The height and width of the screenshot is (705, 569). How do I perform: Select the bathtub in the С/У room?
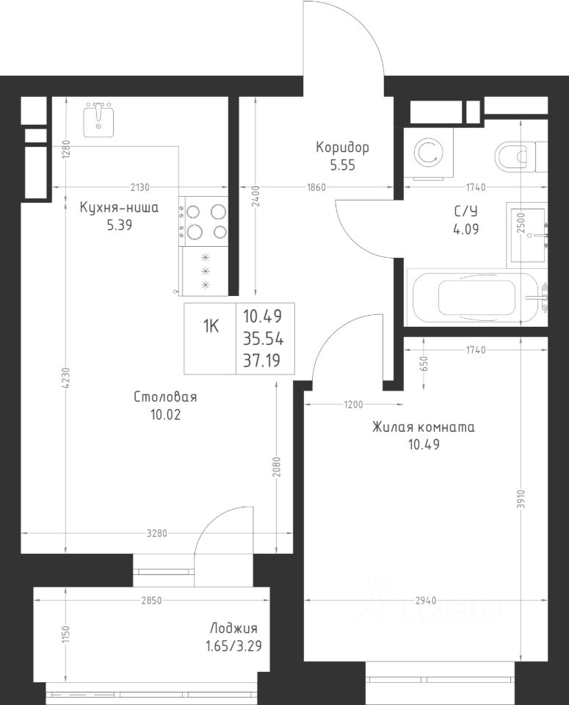coord(477,297)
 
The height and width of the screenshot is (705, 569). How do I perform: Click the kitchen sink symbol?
coord(99,120)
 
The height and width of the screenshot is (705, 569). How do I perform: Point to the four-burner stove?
coord(204,221)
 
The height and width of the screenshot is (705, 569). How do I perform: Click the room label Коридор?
coord(342,148)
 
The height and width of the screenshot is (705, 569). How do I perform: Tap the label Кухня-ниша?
coord(119,208)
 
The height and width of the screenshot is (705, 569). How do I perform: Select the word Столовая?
coord(165,397)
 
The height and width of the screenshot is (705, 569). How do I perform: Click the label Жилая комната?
coord(424,427)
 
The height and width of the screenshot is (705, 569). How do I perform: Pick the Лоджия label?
coord(233,628)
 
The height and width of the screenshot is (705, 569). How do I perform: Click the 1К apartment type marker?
coord(210,327)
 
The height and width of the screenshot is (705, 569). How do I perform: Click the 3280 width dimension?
coord(157,533)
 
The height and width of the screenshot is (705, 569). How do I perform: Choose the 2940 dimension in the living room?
coord(425,600)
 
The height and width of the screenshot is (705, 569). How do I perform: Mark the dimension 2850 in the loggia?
coord(151,600)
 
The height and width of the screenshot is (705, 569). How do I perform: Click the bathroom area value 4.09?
coord(466,229)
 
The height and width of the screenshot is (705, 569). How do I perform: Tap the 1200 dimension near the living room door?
coord(353,405)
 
